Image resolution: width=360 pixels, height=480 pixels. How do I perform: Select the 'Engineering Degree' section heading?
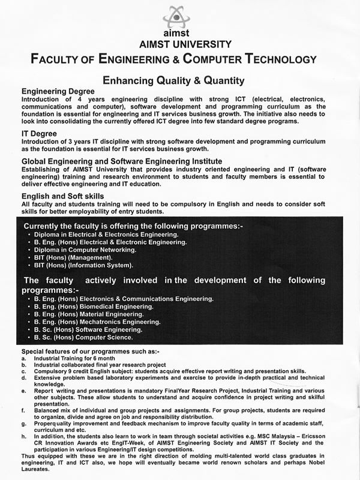pyautogui.click(x=58, y=91)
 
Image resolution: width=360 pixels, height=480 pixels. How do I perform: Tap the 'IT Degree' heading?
pyautogui.click(x=40, y=133)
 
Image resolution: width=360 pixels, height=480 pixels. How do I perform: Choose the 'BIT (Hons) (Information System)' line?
pyautogui.click(x=83, y=265)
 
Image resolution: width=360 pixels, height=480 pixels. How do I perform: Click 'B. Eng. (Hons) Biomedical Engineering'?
pyautogui.click(x=94, y=306)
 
